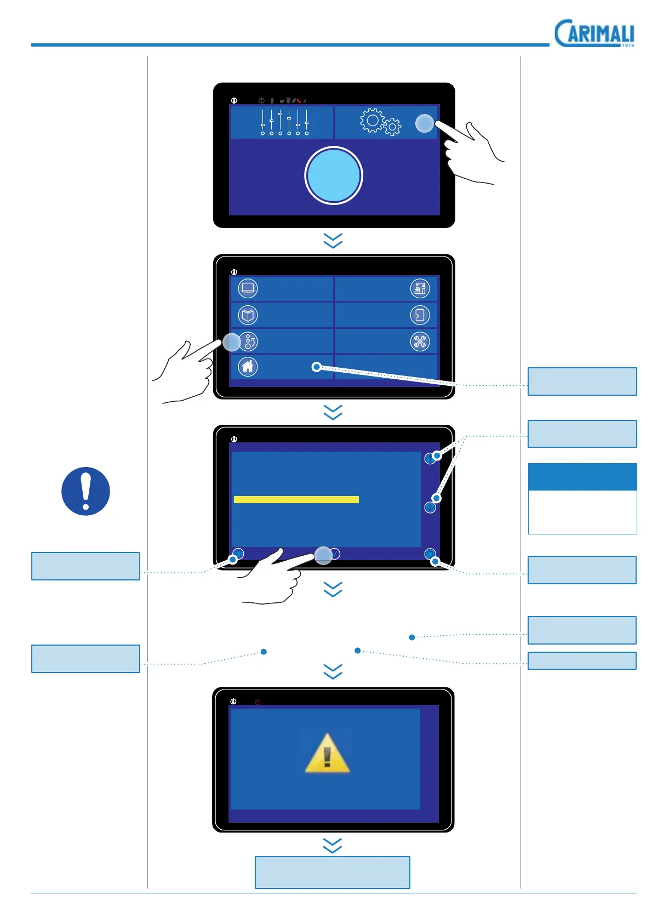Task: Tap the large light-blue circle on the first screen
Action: pyautogui.click(x=333, y=175)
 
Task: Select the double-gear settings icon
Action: pyautogui.click(x=380, y=122)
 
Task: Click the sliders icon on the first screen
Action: pyautogui.click(x=284, y=122)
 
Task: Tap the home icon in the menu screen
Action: pyautogui.click(x=248, y=367)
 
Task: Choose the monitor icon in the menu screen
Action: pyautogui.click(x=248, y=288)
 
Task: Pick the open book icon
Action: pyautogui.click(x=248, y=315)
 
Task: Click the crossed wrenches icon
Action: pyautogui.click(x=420, y=341)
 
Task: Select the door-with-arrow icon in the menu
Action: pyautogui.click(x=420, y=315)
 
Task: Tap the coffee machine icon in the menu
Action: pyautogui.click(x=420, y=288)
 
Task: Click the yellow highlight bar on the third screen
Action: pyautogui.click(x=296, y=499)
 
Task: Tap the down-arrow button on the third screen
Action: pyautogui.click(x=430, y=508)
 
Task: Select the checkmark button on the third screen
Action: pyautogui.click(x=334, y=554)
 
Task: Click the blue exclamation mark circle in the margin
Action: pyautogui.click(x=85, y=491)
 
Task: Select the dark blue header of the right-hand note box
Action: pyautogui.click(x=582, y=477)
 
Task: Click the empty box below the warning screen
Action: pyautogui.click(x=332, y=872)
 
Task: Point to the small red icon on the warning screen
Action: pyautogui.click(x=258, y=702)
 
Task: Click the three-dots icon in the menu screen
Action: pyautogui.click(x=248, y=341)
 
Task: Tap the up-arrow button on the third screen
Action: pyautogui.click(x=430, y=459)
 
